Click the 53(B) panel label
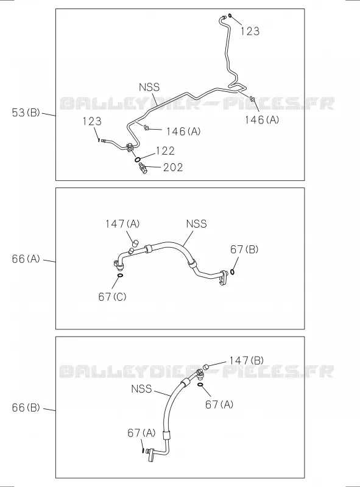[26, 113]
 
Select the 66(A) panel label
[26, 259]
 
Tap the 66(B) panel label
[26, 407]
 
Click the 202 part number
[173, 167]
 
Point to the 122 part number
[166, 151]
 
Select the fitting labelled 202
[143, 169]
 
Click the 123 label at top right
[250, 31]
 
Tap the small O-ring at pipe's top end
[230, 16]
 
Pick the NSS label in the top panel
[149, 87]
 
